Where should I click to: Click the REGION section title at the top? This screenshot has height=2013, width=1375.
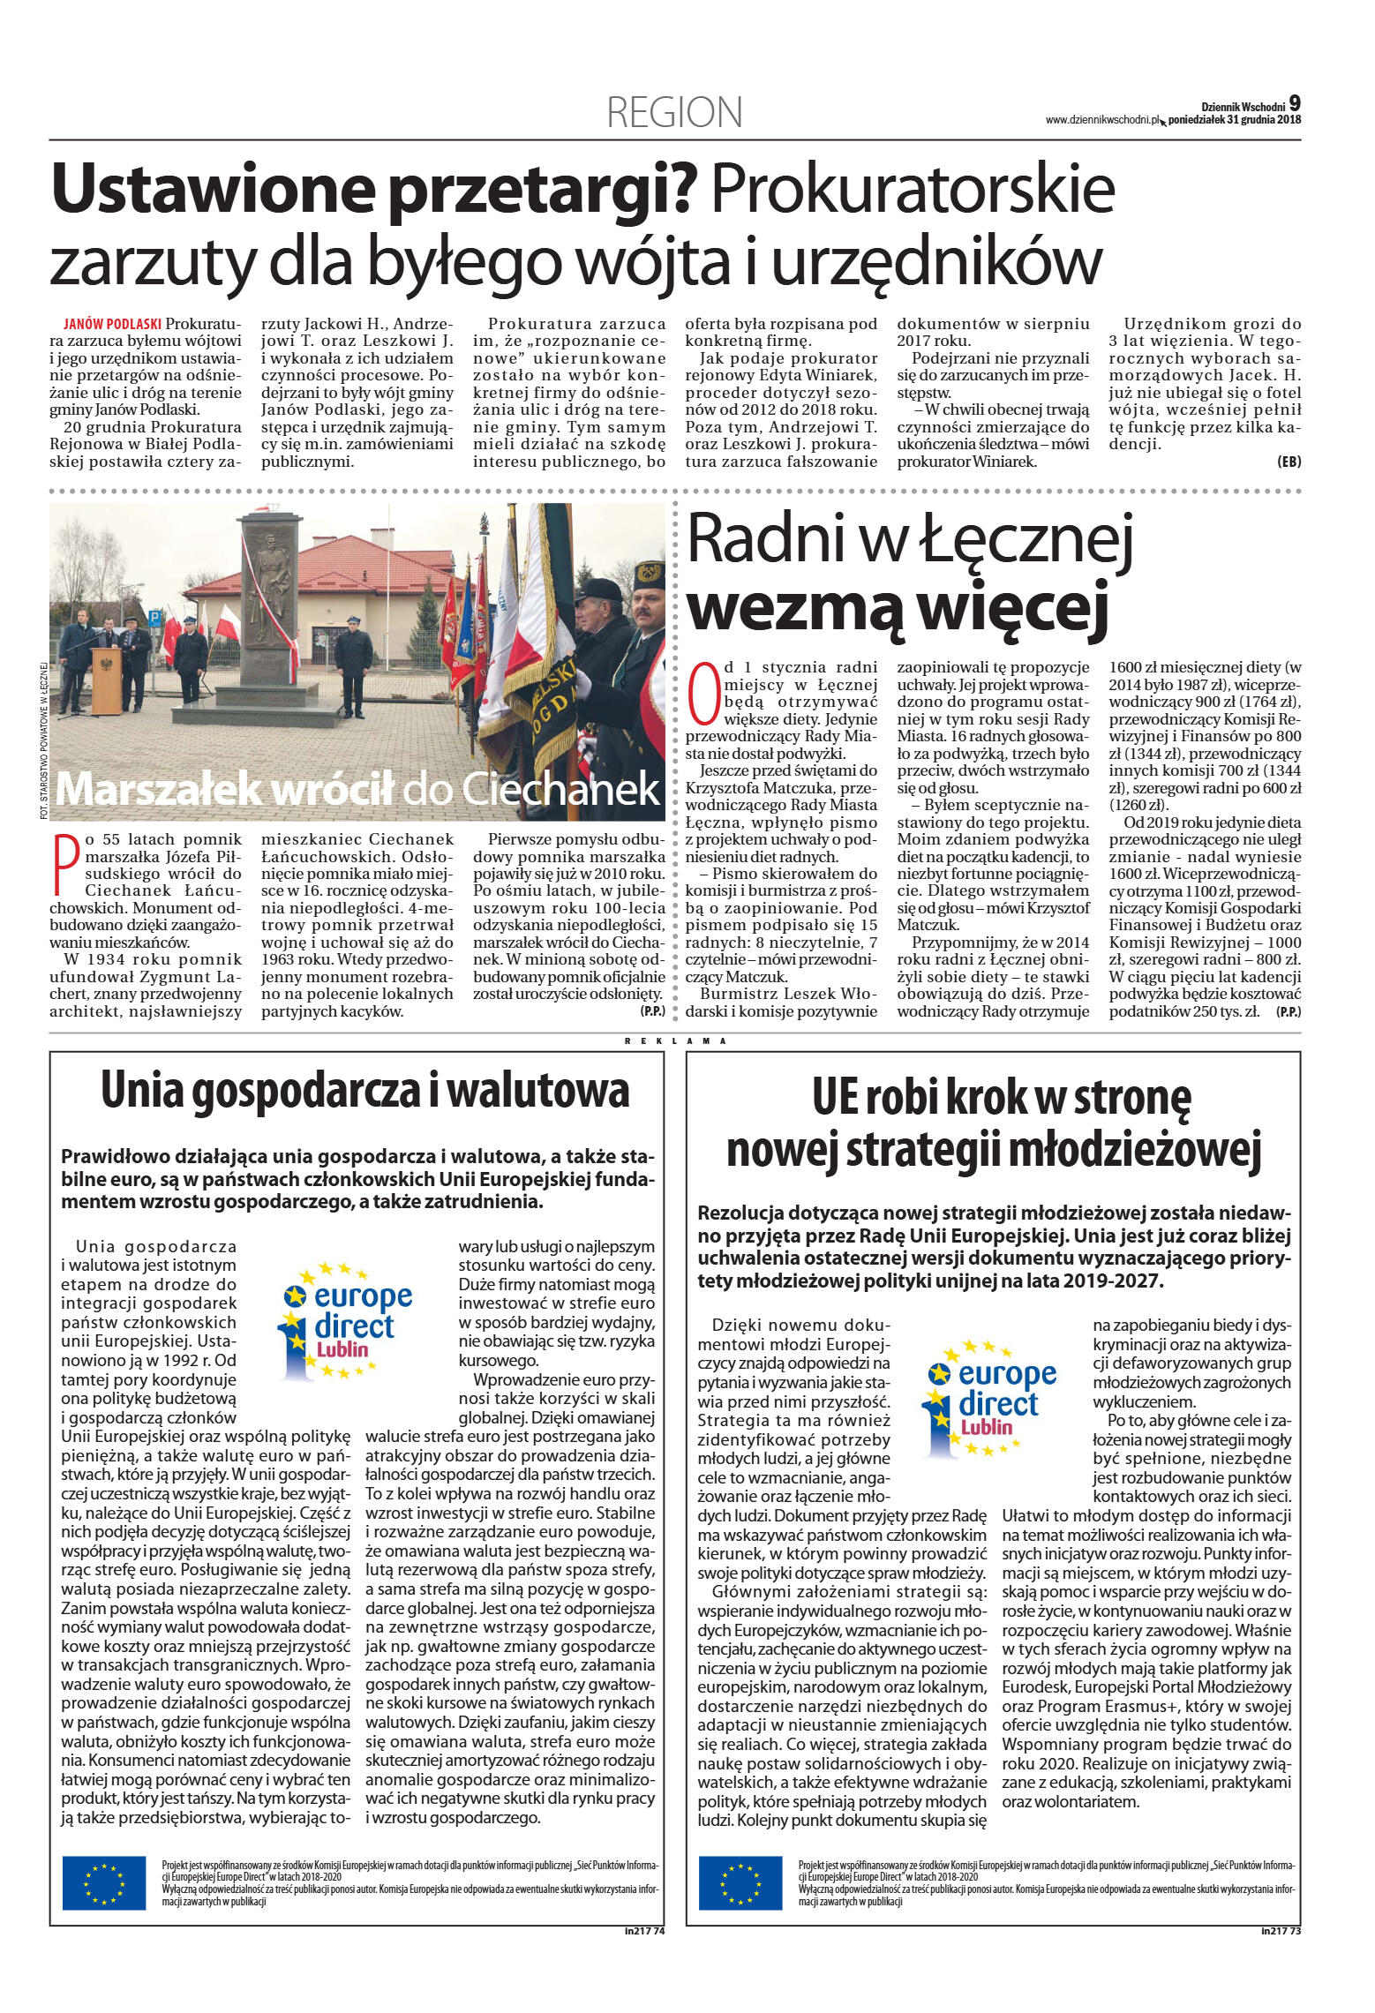[674, 113]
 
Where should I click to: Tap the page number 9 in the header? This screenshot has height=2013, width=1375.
[1295, 103]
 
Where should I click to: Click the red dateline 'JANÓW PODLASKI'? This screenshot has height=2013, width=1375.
[113, 324]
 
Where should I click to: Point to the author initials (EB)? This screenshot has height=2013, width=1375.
[1289, 462]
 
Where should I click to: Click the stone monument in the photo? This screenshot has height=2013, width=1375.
[270, 609]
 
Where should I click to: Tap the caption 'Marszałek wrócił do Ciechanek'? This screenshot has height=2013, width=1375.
[357, 788]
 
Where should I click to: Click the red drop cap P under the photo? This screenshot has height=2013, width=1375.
[62, 863]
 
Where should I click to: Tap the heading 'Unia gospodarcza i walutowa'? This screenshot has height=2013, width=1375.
[364, 1091]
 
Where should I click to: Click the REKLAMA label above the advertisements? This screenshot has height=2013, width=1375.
[675, 1041]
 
